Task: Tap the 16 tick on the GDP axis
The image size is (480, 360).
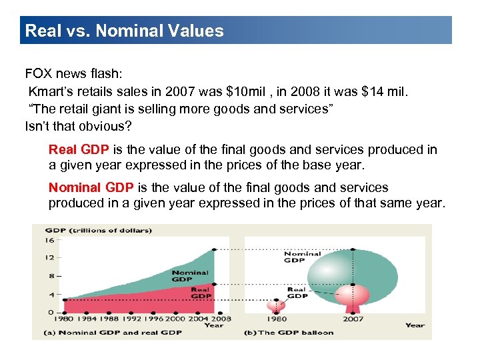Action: [49, 240]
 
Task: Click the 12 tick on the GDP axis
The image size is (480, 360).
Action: [49, 257]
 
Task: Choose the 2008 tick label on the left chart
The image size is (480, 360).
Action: [221, 319]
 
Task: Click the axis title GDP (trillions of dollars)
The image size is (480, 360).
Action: [99, 231]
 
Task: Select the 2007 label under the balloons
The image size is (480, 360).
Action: [353, 319]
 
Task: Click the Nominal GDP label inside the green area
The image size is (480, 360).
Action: [190, 275]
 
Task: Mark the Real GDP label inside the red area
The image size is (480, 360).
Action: [200, 293]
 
